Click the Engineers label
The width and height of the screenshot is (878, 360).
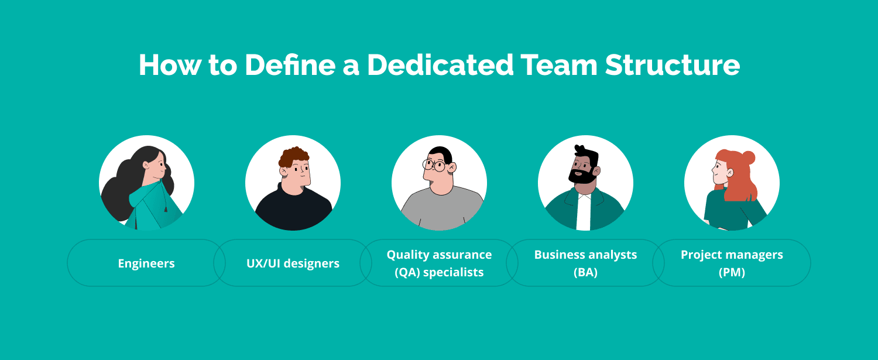(x=146, y=263)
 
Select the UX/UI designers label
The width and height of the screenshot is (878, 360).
(x=293, y=263)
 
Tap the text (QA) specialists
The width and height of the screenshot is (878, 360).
(x=439, y=272)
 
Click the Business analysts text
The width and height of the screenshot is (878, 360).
(x=585, y=255)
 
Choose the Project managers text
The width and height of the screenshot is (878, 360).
(x=732, y=255)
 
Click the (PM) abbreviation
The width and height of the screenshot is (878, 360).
(x=732, y=272)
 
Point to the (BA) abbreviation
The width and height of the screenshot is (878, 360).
(x=585, y=272)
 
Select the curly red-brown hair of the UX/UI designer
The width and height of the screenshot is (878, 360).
(x=294, y=157)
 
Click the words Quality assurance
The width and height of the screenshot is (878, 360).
(x=439, y=255)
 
